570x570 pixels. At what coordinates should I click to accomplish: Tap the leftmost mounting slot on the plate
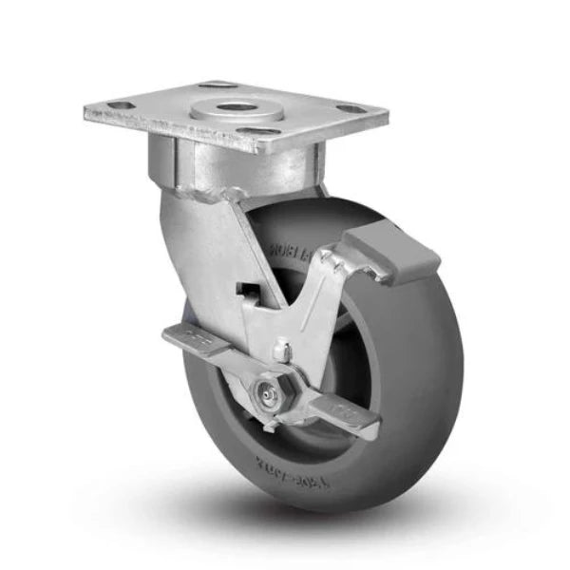[x=118, y=104]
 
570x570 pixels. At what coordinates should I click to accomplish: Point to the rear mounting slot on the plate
[x=217, y=85]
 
